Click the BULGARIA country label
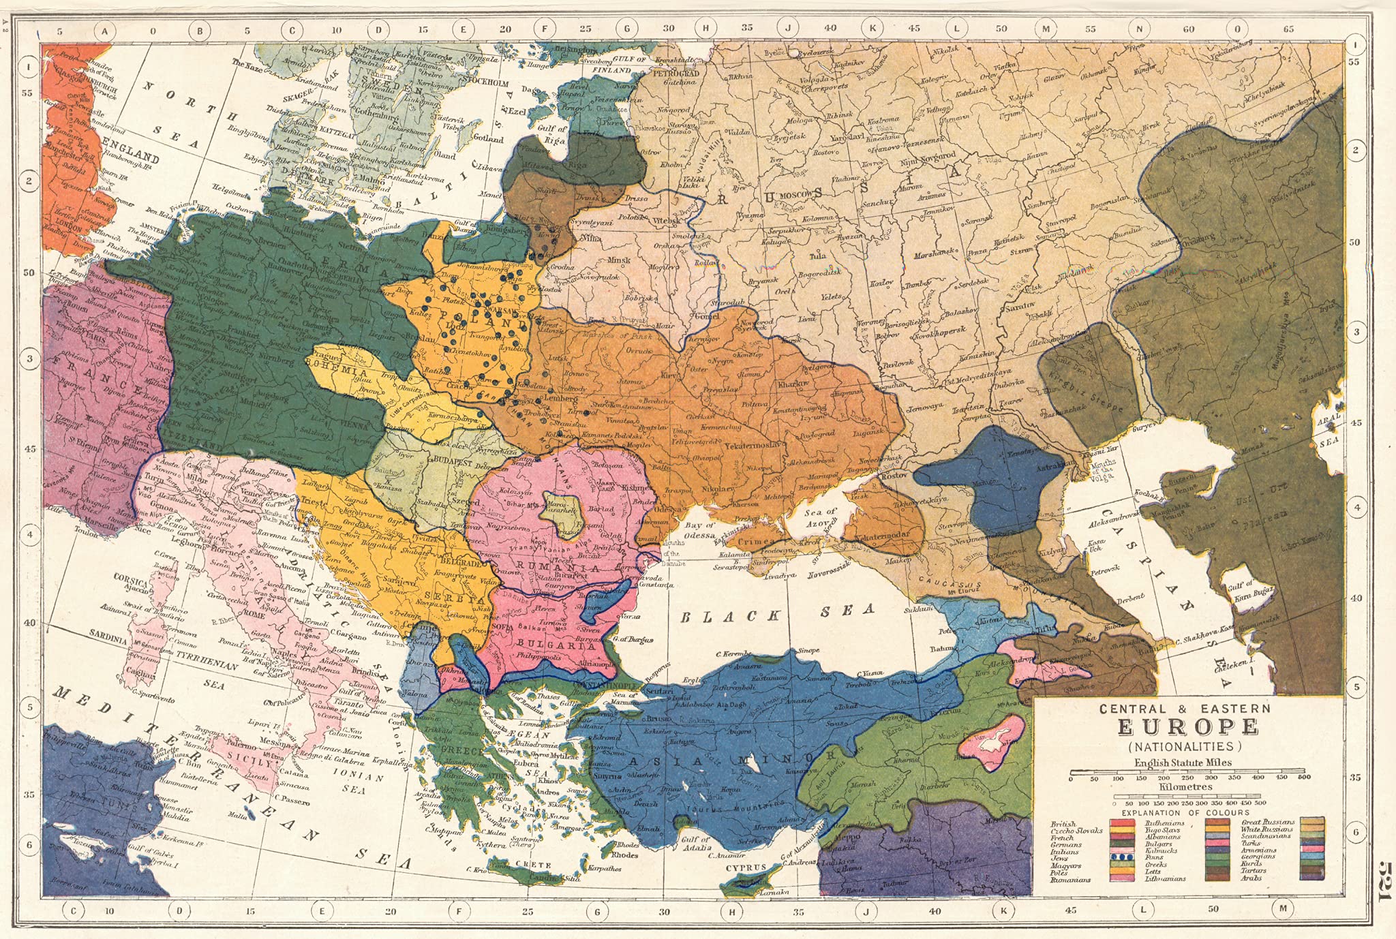[543, 643]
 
